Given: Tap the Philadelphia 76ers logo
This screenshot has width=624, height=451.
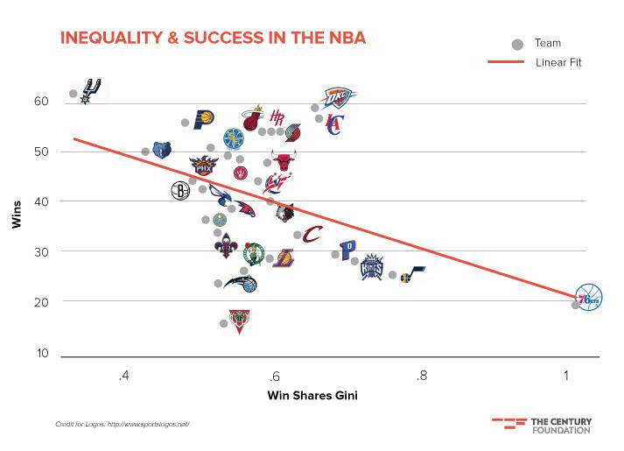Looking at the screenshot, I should pos(589,298).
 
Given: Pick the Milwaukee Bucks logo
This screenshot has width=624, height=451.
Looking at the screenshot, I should pos(237,321).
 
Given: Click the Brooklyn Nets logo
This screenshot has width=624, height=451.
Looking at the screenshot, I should pos(180,190).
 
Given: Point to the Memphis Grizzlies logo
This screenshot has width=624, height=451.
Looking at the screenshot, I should pos(162,151).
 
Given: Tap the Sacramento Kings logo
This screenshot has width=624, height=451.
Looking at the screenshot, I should pos(373,267).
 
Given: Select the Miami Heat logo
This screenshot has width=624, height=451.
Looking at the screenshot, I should pos(253,119).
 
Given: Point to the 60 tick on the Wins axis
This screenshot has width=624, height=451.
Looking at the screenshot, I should pos(42,102).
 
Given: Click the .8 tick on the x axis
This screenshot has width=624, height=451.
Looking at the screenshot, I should pos(422,377).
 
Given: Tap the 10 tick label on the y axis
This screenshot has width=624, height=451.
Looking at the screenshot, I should pos(42,353).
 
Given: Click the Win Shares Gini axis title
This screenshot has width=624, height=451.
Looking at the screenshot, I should pos(312,395).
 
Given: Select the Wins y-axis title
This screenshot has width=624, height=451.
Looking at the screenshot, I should pos(17,215).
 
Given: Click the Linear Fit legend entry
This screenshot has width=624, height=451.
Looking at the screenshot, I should pos(557,62).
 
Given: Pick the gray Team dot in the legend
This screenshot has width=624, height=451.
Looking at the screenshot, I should pos(517,43).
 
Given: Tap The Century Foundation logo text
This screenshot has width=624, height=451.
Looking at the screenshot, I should pos(560,426).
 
